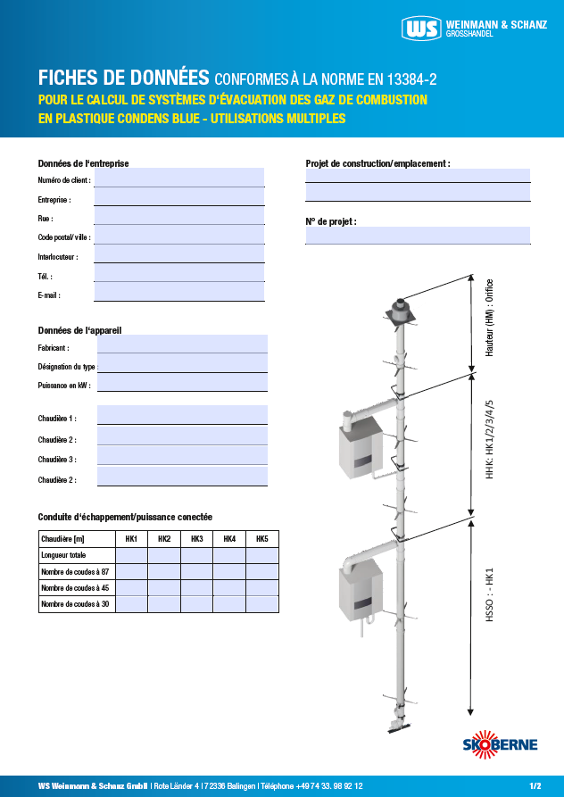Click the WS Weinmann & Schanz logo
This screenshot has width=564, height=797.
473,29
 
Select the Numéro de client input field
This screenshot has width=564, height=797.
178,178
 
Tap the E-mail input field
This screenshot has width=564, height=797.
178,293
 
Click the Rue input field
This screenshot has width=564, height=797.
178,216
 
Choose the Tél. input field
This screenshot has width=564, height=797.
178,274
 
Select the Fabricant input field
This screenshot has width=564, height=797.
182,345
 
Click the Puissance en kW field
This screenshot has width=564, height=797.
182,383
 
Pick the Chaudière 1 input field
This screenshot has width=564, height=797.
182,416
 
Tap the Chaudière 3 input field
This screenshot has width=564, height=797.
182,457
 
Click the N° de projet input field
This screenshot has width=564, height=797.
418,236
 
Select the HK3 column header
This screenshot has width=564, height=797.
196,539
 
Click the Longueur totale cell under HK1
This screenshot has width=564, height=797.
132,555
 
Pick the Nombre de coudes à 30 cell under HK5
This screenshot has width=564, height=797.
262,604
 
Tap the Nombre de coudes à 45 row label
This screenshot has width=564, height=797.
76,588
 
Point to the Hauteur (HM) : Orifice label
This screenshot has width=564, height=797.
490,319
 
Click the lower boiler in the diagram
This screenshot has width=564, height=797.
361,589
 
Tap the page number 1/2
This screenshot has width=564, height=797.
535,786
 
